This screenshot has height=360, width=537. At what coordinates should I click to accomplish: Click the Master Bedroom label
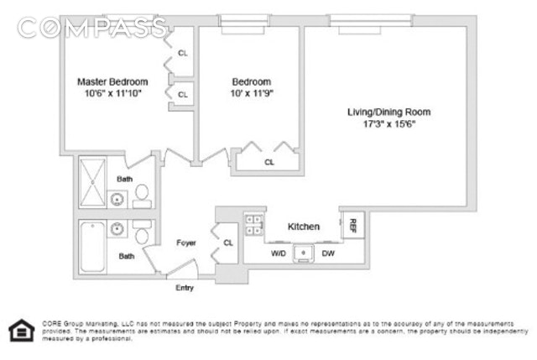coord(112,81)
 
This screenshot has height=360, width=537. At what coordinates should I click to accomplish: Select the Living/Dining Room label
coord(388,112)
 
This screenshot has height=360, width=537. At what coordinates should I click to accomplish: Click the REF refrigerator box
coord(353,225)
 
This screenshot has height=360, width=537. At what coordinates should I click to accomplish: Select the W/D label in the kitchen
coord(279,253)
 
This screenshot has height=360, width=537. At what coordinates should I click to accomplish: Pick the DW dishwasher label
coord(329,253)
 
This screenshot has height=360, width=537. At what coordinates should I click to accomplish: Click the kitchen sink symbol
coord(302,254)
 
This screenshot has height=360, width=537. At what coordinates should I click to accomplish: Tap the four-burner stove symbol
coord(253,224)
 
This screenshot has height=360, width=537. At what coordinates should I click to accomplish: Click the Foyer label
coord(185,243)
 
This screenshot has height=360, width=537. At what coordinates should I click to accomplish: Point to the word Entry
coord(185,288)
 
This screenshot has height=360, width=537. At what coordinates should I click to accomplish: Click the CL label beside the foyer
coord(227,243)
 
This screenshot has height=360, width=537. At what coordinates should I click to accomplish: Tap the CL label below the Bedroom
coord(269,162)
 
